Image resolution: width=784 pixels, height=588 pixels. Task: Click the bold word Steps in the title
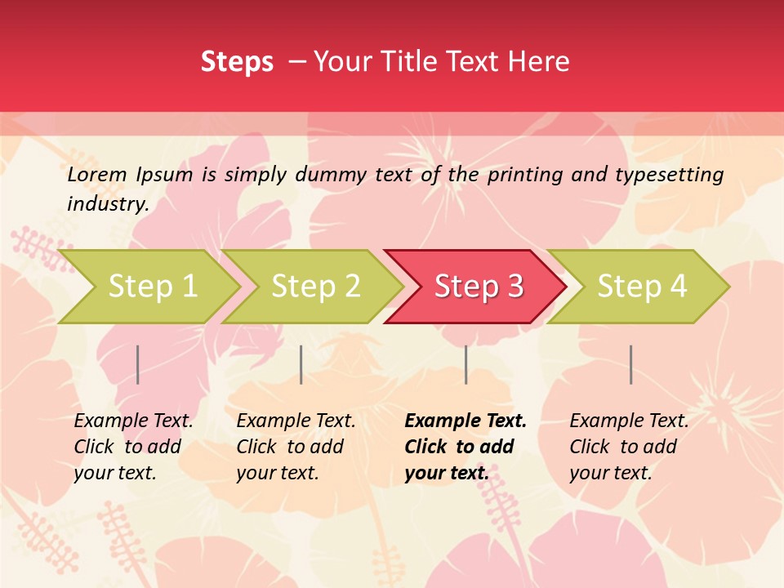[237, 62]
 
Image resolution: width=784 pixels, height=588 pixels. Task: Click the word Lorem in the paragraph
[97, 174]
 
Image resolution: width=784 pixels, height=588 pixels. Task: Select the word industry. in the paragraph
[108, 204]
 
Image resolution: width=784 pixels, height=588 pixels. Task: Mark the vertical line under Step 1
[138, 364]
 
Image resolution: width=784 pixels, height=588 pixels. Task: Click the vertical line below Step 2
[301, 364]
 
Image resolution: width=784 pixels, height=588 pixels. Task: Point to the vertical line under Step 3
[466, 364]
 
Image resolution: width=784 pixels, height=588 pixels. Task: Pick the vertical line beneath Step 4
[631, 364]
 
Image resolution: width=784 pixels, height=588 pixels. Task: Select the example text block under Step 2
[295, 447]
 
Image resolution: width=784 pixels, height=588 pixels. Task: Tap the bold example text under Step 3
[465, 447]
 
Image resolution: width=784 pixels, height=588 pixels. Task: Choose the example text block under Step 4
[628, 447]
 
